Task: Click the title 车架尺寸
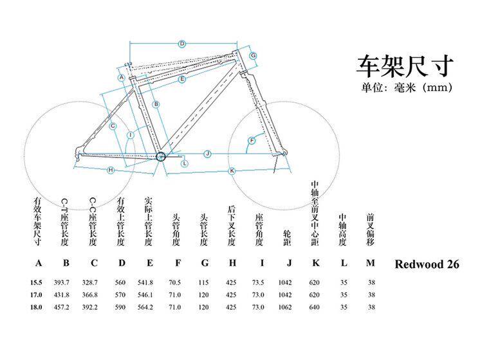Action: coord(405,66)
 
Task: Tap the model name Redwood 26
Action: coord(427,264)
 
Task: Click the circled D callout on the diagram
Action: coord(182,44)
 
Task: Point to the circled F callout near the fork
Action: coord(252,140)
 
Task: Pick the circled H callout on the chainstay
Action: coord(111,170)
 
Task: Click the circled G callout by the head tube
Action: coord(254,56)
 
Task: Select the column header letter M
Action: coord(369,263)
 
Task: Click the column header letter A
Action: coord(38,263)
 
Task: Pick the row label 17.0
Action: coord(37,294)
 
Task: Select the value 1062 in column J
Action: coord(286,307)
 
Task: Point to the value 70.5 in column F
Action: coord(174,282)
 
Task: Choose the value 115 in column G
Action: coord(205,282)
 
